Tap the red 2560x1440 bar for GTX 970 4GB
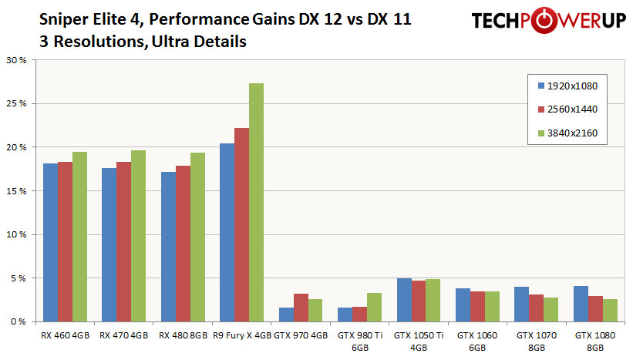click(x=301, y=308)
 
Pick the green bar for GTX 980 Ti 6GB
click(x=374, y=307)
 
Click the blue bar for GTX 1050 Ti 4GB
click(x=404, y=300)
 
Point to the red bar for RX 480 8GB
click(x=183, y=244)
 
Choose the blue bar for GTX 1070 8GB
click(x=521, y=304)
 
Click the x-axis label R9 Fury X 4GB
click(x=242, y=335)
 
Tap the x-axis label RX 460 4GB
click(x=65, y=335)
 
